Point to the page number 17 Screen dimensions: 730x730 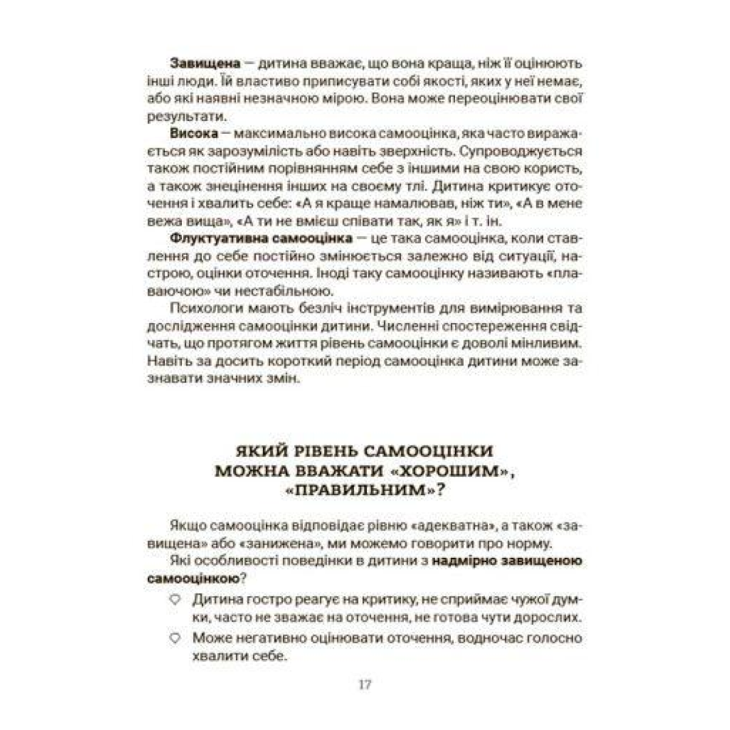pyautogui.click(x=365, y=684)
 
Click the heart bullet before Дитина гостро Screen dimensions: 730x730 pyautogui.click(x=175, y=600)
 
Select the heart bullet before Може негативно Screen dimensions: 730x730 pyautogui.click(x=175, y=639)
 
